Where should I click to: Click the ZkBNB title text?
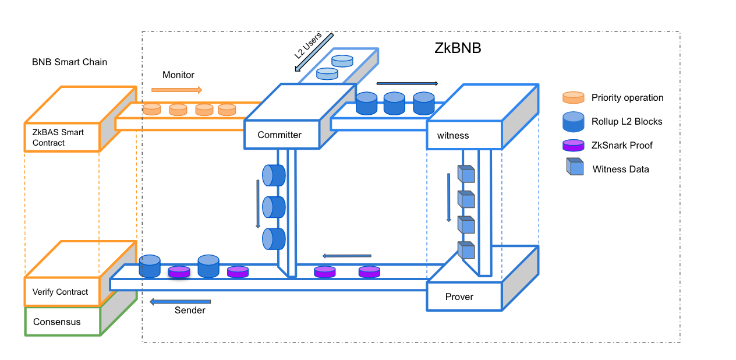point(458,48)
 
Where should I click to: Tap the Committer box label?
point(279,135)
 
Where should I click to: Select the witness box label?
point(453,136)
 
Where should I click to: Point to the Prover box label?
point(459,297)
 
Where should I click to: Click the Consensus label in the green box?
point(57,322)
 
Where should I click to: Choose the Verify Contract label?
point(61,292)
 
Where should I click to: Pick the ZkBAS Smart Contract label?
point(58,137)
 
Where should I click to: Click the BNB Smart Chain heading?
point(69,62)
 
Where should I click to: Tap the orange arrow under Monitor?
point(176,90)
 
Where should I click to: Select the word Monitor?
point(178,75)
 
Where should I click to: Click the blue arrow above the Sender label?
point(180,301)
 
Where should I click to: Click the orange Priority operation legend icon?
point(573,97)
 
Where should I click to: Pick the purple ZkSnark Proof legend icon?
point(573,145)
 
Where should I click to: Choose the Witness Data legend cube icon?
point(575,167)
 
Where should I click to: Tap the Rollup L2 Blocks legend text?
point(627,122)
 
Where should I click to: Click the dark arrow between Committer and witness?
point(407,83)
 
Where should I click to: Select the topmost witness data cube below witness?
point(466,174)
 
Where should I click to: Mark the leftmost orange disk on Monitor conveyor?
point(152,109)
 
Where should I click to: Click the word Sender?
point(190,310)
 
